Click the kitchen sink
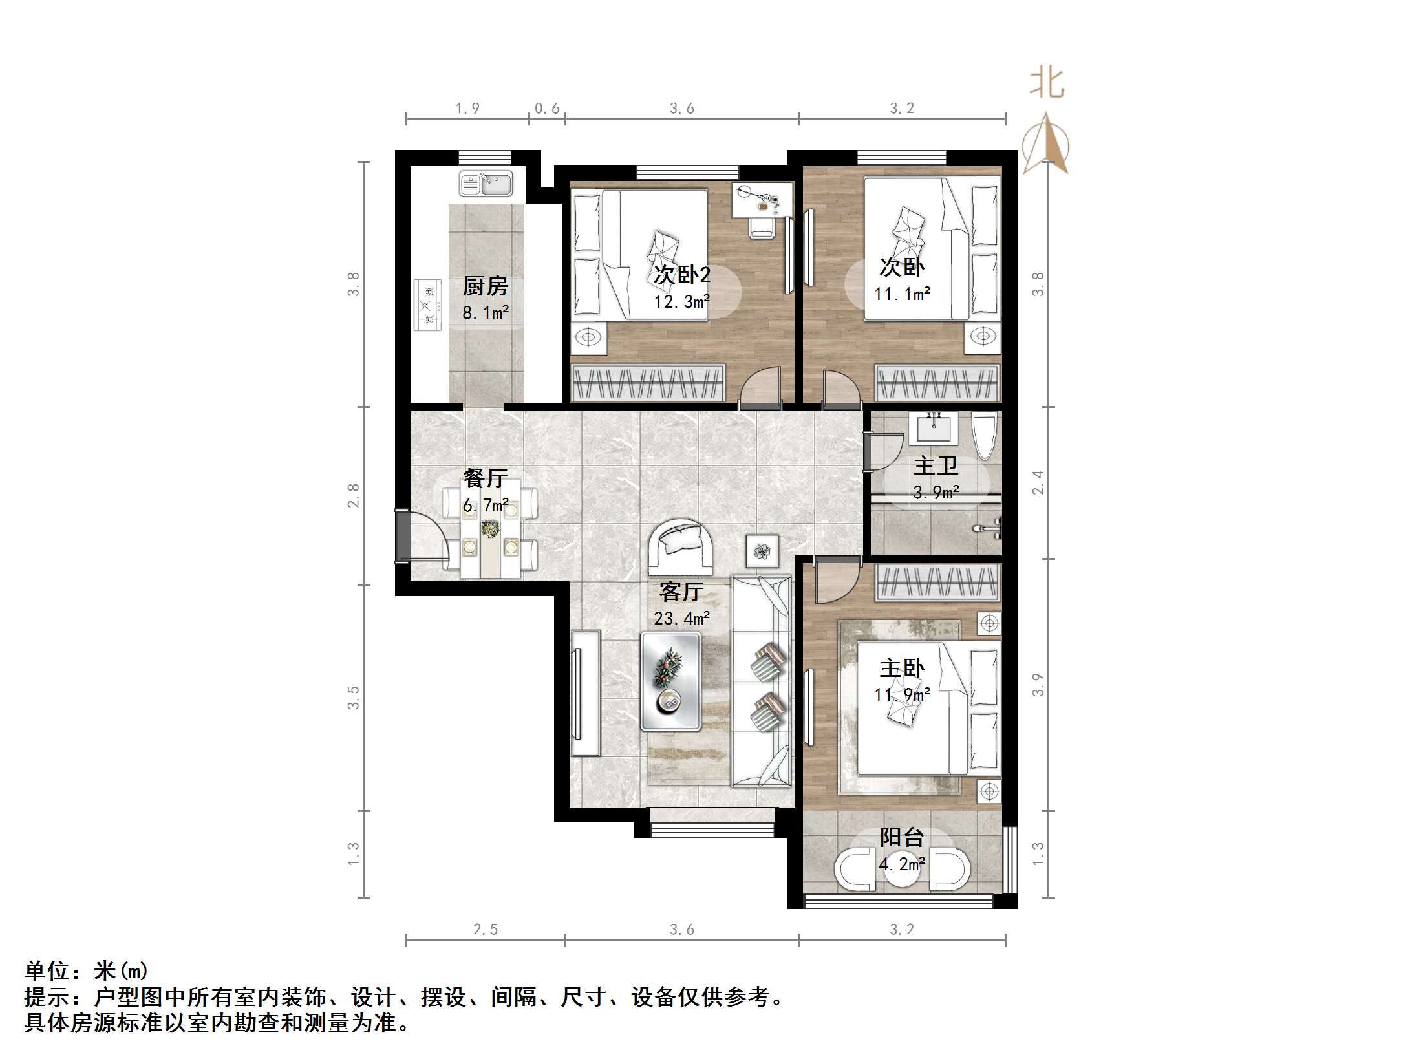point(486,184)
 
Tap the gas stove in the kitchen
point(428,305)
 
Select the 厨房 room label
point(485,286)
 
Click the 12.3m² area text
point(682,302)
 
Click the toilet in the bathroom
point(985,436)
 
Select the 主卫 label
point(936,465)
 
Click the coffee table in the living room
point(670,681)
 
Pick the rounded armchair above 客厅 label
point(681,546)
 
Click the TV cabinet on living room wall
point(586,693)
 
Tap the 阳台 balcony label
point(902,837)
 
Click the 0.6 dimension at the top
point(547,109)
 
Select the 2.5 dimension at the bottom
point(486,930)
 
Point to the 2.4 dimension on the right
point(1038,482)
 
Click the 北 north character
point(1047,83)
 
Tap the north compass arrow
point(1046,144)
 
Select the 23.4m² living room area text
point(682,619)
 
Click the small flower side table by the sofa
point(763,551)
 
